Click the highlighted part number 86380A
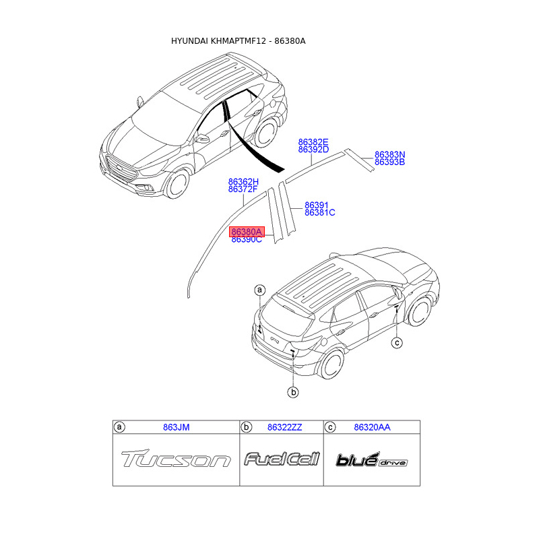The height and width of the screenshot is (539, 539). tap(247, 231)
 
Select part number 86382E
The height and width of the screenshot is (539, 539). tap(313, 142)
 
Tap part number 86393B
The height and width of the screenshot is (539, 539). tap(389, 162)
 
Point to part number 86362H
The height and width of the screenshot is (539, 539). tap(243, 182)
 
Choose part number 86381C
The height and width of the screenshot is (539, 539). tap(319, 213)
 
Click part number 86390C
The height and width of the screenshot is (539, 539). tap(247, 240)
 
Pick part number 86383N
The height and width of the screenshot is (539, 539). tap(389, 154)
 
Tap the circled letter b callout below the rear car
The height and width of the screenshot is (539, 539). tap(293, 391)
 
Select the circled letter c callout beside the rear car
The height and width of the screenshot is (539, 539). tap(397, 343)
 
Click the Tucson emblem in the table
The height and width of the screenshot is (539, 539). tap(175, 460)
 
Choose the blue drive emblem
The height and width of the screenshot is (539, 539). tap(371, 461)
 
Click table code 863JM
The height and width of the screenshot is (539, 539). tap(176, 427)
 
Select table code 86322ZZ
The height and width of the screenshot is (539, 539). tap(284, 427)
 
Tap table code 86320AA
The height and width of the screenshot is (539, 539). tap(372, 427)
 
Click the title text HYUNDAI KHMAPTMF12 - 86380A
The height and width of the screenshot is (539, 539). tap(239, 41)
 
